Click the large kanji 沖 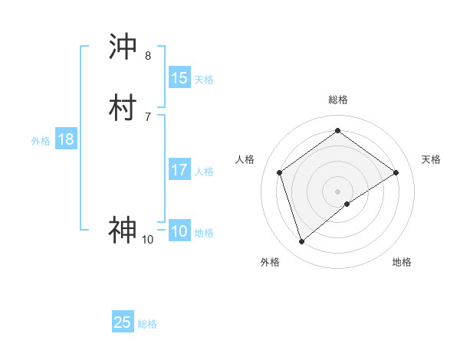tap(123, 47)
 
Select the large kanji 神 tap(123, 229)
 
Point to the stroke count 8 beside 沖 tap(148, 56)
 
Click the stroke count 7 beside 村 tap(148, 116)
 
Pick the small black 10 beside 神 tap(147, 240)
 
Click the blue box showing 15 tap(179, 78)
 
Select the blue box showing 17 tap(179, 170)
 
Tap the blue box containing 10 tap(179, 231)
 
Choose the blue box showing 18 tap(66, 139)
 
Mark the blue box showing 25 tap(123, 322)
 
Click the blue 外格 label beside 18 tap(41, 141)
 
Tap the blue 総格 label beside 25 tap(148, 324)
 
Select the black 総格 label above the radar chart tap(337, 100)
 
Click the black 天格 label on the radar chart tap(431, 159)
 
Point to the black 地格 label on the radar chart tap(402, 262)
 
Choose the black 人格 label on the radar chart tap(245, 159)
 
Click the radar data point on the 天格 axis tap(396, 172)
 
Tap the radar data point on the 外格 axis tap(301, 242)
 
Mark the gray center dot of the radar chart tap(337, 191)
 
